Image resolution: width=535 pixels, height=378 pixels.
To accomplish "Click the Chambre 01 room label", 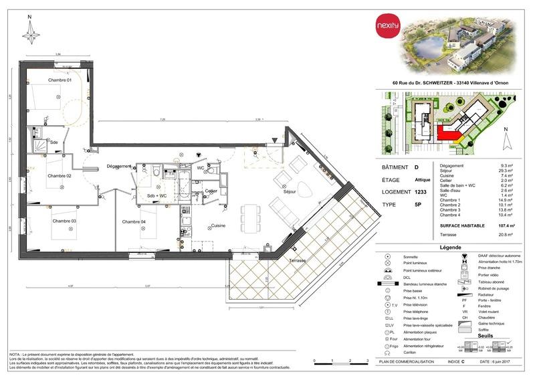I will click(x=59, y=80).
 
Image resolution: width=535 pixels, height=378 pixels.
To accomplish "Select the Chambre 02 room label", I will click(x=59, y=176).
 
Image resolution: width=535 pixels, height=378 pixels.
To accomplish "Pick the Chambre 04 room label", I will click(x=134, y=221).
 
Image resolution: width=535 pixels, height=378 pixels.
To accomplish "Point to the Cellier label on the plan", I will click(x=211, y=191).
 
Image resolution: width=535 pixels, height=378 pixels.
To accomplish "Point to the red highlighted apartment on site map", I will click(x=447, y=134).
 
